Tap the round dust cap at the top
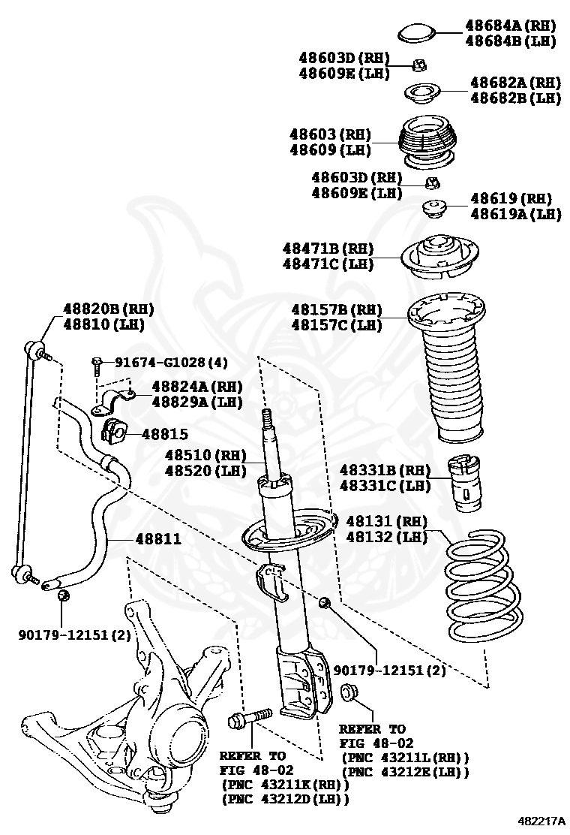click(x=418, y=33)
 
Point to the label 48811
click(x=157, y=539)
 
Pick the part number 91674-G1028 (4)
click(x=170, y=363)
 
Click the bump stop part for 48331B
click(x=465, y=484)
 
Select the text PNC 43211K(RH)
click(x=286, y=784)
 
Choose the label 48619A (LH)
click(x=515, y=213)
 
